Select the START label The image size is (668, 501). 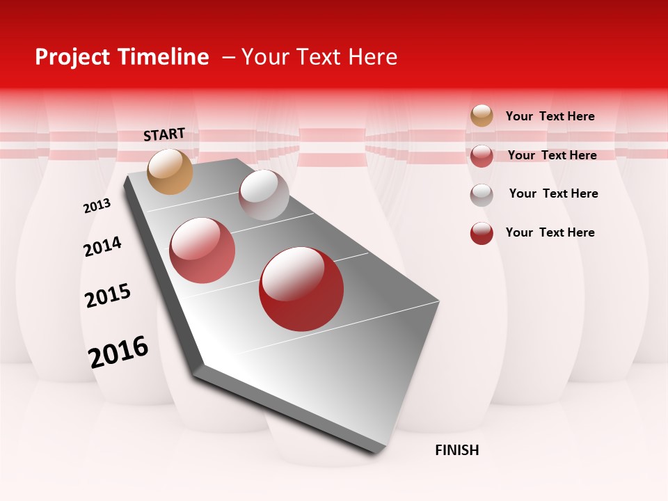(164, 134)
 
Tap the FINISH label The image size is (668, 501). (457, 450)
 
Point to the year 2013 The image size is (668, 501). (97, 206)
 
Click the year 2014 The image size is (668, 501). (102, 246)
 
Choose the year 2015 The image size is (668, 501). (108, 296)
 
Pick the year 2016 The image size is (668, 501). (118, 351)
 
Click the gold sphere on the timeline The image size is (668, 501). (170, 171)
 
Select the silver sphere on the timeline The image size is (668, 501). (264, 195)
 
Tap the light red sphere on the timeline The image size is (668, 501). (202, 250)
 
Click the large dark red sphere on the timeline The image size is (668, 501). (301, 289)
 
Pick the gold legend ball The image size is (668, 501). (482, 116)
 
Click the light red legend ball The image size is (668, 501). (482, 156)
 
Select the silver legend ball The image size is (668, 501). (482, 195)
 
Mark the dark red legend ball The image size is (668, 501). (482, 233)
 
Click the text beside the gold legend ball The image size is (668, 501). (550, 116)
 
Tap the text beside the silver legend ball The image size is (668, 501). (553, 193)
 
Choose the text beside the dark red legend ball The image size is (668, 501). (550, 232)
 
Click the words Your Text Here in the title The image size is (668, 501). (319, 57)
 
